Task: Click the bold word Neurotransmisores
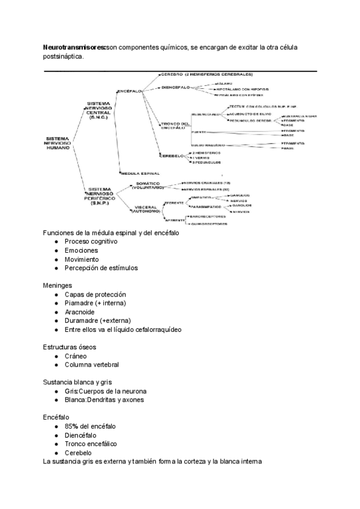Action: tap(74, 47)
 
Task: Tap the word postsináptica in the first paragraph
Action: tap(64, 57)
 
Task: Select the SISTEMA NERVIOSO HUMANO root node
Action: tap(58, 143)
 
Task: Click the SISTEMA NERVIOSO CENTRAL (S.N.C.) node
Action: tap(98, 109)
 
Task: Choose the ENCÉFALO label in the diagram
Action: tap(130, 91)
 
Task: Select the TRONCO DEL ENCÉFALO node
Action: tap(176, 125)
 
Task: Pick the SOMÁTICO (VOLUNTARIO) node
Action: tap(146, 185)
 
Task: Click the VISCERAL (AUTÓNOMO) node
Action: tap(146, 210)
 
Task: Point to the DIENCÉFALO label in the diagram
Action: tap(175, 88)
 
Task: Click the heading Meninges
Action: tap(58, 285)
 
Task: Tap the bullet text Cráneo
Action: tap(77, 356)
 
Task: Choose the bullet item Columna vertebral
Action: tap(92, 365)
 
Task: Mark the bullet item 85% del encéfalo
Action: tap(91, 426)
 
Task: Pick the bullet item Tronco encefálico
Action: tap(91, 444)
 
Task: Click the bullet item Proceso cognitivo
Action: tap(91, 241)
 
